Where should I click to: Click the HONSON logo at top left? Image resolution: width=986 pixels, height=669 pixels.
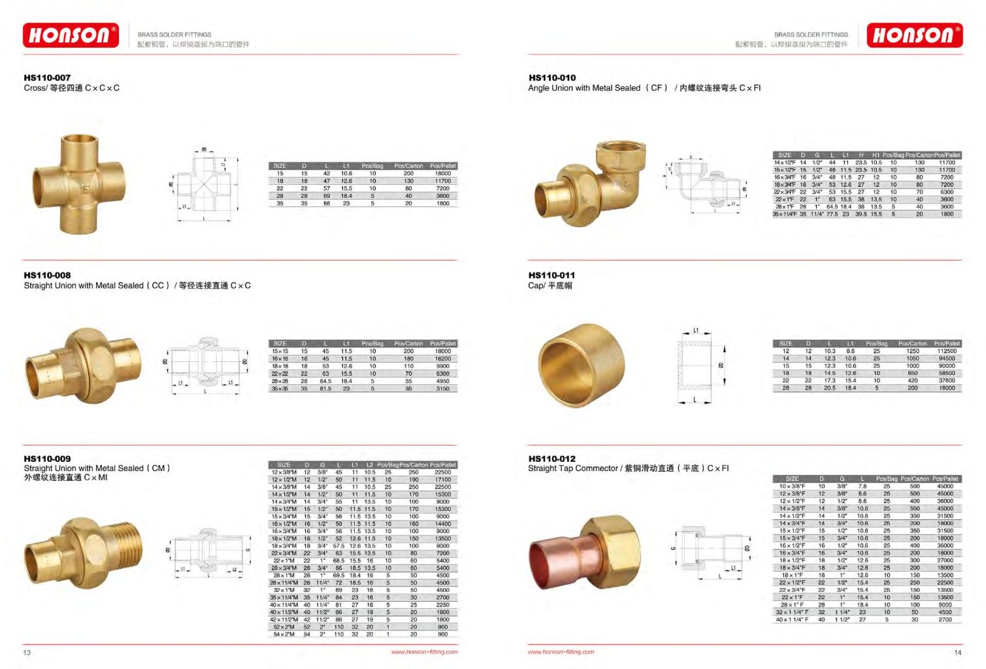click(71, 35)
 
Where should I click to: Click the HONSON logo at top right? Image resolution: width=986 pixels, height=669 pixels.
click(914, 35)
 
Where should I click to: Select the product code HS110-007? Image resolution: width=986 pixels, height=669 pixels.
click(47, 78)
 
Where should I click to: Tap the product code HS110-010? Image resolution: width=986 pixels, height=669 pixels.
click(552, 78)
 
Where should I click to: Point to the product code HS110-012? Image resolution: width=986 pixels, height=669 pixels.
click(552, 459)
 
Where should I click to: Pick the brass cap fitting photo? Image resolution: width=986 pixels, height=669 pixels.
click(581, 365)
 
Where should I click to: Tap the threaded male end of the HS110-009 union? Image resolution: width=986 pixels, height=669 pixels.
click(131, 543)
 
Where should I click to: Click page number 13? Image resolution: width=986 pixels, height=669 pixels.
click(27, 652)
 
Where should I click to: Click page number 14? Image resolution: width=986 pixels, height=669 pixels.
click(957, 652)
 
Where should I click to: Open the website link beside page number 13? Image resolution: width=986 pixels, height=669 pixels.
click(424, 652)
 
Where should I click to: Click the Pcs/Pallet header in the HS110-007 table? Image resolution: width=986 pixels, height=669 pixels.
click(443, 166)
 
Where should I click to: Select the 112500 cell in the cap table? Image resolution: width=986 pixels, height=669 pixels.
click(947, 351)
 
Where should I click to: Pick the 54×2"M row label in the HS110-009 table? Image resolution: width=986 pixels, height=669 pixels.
click(284, 634)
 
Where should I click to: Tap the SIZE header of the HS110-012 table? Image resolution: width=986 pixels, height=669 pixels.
click(792, 479)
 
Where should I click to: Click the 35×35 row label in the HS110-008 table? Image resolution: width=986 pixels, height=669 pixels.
click(280, 389)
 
